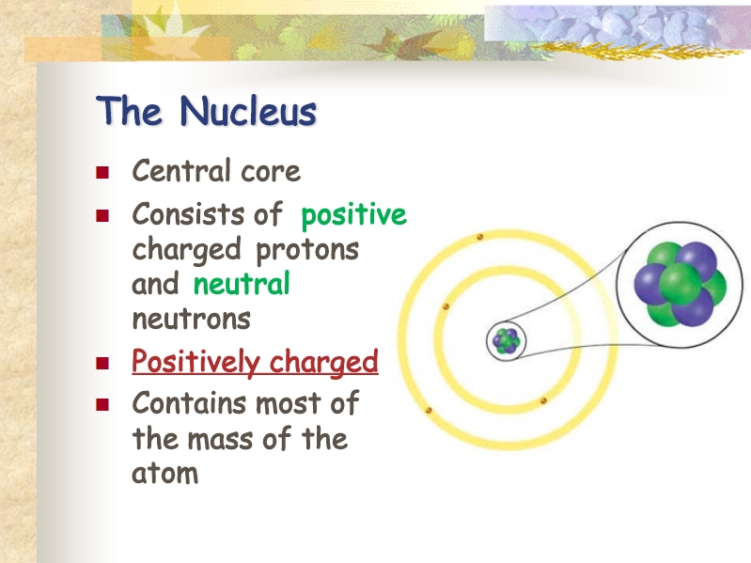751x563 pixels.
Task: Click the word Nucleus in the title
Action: tap(248, 111)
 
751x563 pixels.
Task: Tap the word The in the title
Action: tap(129, 111)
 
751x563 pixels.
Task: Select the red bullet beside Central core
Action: tap(102, 172)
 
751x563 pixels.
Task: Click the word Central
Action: tap(181, 170)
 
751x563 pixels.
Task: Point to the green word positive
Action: tap(354, 215)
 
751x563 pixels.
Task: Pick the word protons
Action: tap(307, 250)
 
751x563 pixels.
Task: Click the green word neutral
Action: tap(242, 284)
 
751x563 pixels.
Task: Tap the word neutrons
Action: tap(191, 319)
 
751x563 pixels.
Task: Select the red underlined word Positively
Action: tap(195, 362)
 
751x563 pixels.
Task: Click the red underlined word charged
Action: tap(323, 362)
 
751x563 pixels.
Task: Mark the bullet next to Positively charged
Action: tap(102, 364)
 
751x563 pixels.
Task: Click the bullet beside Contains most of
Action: tap(102, 405)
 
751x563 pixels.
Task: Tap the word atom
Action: tap(164, 473)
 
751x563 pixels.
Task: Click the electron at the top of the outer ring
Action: tap(480, 237)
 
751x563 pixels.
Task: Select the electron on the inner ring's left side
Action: tap(446, 305)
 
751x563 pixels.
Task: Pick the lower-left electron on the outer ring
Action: tap(429, 411)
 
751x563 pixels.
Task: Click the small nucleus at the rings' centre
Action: tap(507, 340)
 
